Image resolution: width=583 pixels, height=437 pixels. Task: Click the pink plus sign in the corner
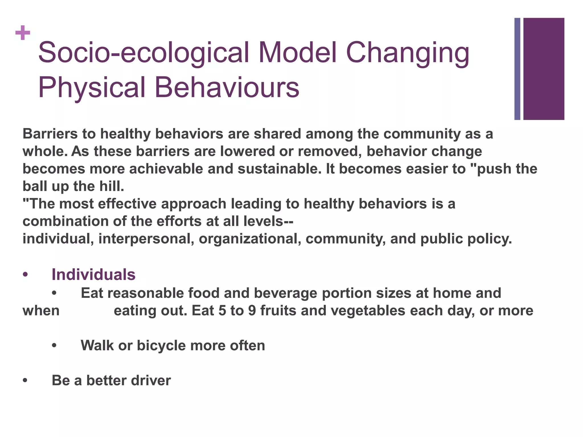coord(23,33)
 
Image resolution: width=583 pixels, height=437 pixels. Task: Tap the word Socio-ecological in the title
coord(143,53)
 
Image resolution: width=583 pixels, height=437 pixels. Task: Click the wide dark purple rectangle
coord(544,69)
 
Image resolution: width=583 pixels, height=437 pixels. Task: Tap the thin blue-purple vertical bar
coord(517,69)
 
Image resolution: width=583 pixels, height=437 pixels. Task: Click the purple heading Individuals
coord(93,275)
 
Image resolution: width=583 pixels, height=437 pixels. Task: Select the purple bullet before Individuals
coord(25,275)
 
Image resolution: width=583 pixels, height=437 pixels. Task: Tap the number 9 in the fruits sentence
coord(252,310)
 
